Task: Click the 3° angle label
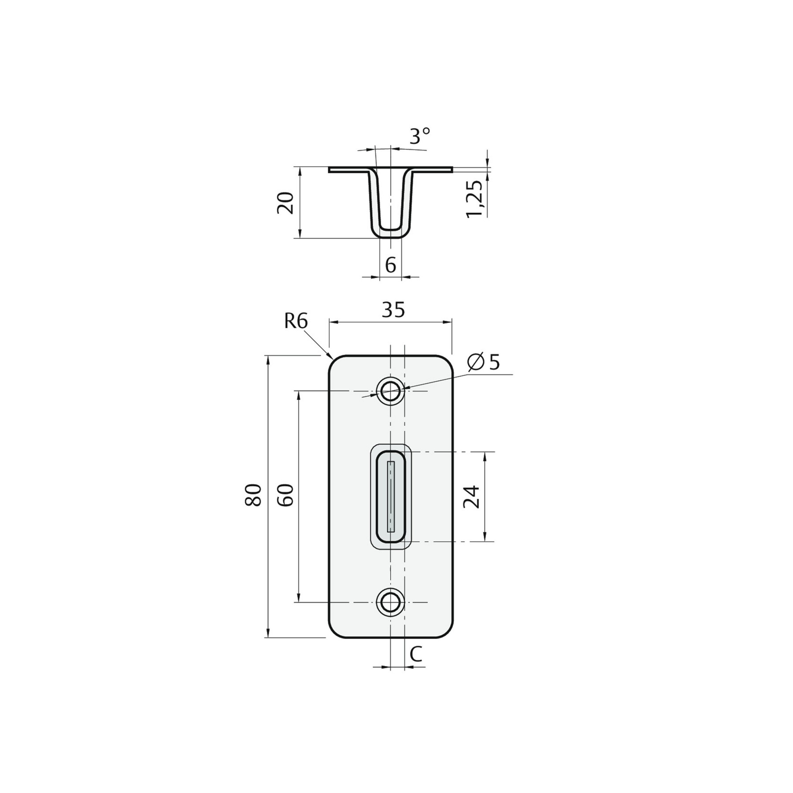point(420,136)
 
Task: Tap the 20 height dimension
point(285,203)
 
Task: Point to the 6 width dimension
point(390,265)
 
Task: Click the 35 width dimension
point(393,310)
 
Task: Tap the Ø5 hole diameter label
point(484,362)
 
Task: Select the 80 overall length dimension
point(254,495)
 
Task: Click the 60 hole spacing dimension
point(285,495)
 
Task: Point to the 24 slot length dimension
point(471,497)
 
